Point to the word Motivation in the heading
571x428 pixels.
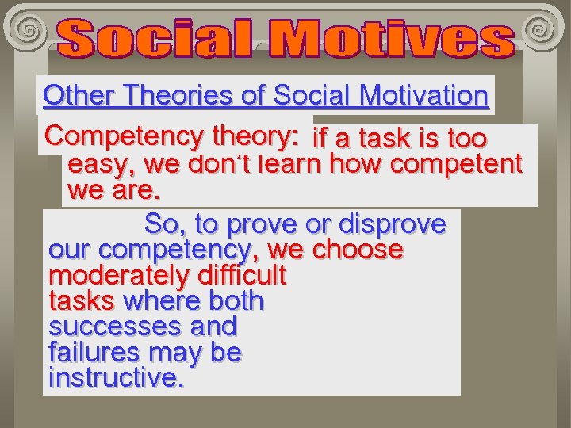point(423,96)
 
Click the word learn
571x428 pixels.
point(289,165)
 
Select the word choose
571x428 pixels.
point(358,250)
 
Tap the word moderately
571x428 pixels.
point(111,276)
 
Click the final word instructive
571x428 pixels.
point(116,377)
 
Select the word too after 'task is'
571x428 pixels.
point(466,139)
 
